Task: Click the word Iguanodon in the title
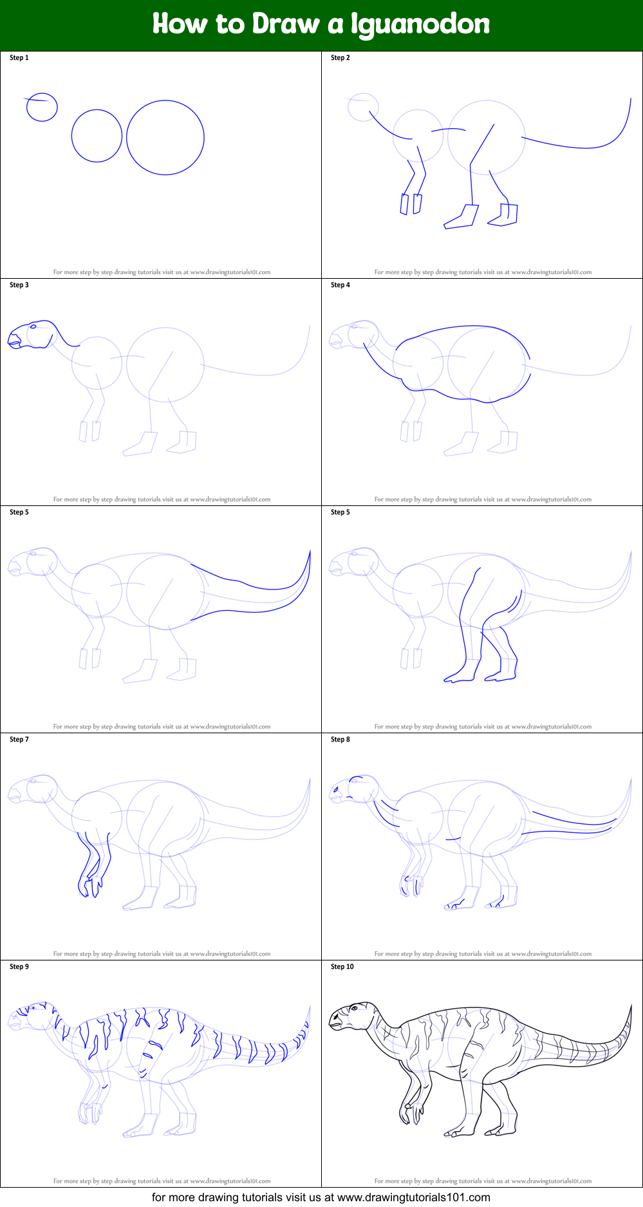pos(420,24)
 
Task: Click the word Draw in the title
pos(286,24)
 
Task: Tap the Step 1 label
pos(19,58)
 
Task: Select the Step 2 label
pos(340,58)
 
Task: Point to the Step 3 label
pos(19,285)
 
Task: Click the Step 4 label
pos(340,285)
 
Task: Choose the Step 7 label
pos(19,740)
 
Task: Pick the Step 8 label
pos(340,740)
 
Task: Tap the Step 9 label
pos(19,967)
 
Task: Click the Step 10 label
pos(342,967)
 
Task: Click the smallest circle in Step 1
pos(42,107)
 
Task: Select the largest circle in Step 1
pos(165,137)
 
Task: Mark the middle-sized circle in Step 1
pos(97,135)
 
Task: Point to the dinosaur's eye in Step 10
pos(353,1008)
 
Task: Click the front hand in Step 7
pos(90,884)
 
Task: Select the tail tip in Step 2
pos(630,99)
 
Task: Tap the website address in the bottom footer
pos(413,1198)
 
